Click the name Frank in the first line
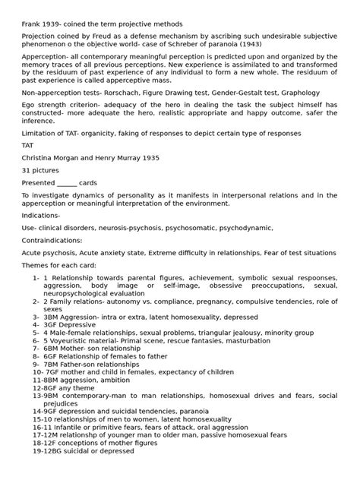(31, 24)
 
